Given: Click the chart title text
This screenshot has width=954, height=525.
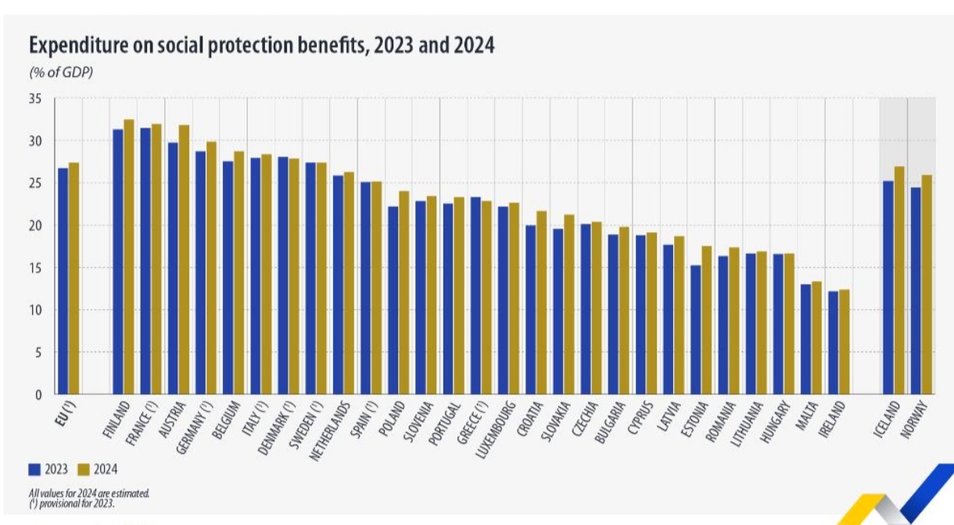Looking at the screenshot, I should tap(261, 45).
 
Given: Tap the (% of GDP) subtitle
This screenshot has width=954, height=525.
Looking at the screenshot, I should tap(60, 73).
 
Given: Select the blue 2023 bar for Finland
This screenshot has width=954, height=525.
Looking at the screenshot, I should tap(118, 262).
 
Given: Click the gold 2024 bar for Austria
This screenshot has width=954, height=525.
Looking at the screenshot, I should tap(184, 260).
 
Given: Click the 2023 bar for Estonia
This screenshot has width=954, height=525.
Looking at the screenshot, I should tap(695, 329).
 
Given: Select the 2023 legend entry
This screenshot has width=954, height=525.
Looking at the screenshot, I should tap(48, 469).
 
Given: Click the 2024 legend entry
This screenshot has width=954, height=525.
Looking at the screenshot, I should tap(98, 469).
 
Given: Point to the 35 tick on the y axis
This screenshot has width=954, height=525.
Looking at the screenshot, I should tap(36, 99).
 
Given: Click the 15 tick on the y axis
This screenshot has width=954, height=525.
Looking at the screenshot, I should tap(36, 268).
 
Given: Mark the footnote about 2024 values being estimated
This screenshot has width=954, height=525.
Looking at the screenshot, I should tap(88, 493).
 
